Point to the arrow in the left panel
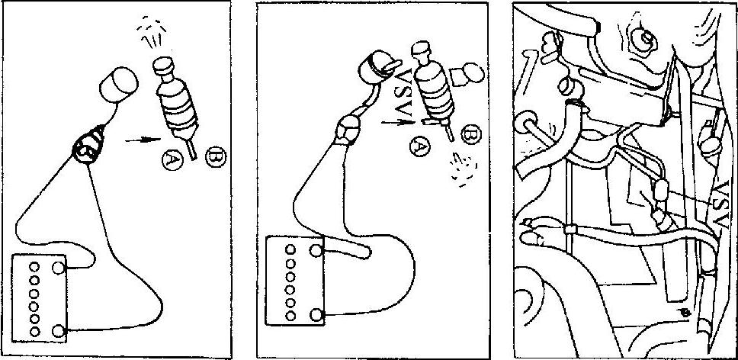pyautogui.click(x=143, y=140)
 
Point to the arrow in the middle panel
pyautogui.click(x=398, y=123)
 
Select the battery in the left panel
pyautogui.click(x=40, y=298)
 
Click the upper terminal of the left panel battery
pyautogui.click(x=59, y=268)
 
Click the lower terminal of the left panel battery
pyautogui.click(x=59, y=331)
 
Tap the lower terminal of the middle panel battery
pyautogui.click(x=316, y=314)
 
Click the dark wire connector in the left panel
pyautogui.click(x=88, y=146)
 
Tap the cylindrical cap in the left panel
pyautogui.click(x=118, y=84)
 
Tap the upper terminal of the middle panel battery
pyautogui.click(x=316, y=250)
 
